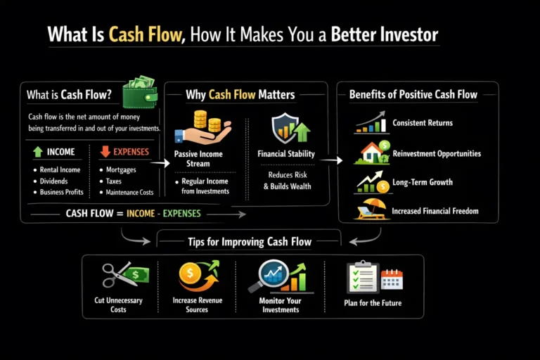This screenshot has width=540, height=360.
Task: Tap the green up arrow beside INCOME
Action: (37, 150)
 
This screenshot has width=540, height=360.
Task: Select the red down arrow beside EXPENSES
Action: (104, 150)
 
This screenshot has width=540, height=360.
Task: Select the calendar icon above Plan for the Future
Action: (392, 280)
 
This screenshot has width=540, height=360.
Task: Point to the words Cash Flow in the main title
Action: (145, 34)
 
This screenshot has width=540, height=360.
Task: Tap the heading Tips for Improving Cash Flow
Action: (249, 242)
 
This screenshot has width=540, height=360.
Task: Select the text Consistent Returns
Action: (422, 123)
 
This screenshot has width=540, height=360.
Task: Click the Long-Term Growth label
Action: (422, 182)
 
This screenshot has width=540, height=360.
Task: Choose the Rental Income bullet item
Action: (60, 169)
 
